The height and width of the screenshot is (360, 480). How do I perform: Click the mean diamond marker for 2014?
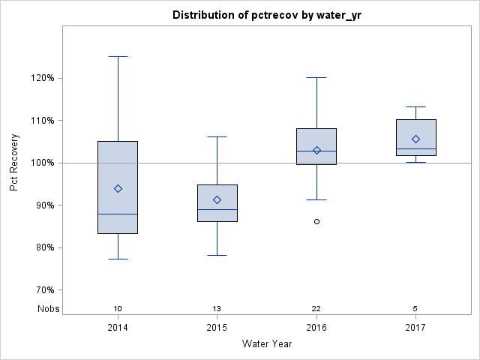coord(118,188)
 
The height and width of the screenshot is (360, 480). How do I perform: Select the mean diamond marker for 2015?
coord(217,199)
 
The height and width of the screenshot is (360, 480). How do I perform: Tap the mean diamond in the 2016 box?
coord(316,150)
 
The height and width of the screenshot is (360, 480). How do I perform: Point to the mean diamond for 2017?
coord(415,139)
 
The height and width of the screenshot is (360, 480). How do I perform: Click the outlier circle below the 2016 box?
coord(316,221)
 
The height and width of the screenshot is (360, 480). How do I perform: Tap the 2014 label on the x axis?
coord(118,328)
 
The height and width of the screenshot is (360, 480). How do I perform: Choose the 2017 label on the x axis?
coord(415,328)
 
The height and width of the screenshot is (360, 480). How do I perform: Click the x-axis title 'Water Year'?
coord(267,344)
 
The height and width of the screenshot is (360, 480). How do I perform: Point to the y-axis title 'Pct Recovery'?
coord(14,163)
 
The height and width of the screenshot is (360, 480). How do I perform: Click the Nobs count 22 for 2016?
coord(316,309)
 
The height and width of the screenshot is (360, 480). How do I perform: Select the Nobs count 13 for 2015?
coord(217,309)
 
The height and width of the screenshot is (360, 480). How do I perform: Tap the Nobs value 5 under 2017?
coord(415,309)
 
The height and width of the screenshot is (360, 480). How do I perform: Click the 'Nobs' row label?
coord(48,309)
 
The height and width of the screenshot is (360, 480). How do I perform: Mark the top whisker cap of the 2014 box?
coord(118,56)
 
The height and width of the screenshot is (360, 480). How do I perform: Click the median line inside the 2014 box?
coord(118,214)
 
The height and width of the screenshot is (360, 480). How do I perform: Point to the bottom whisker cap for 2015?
coord(217,255)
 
